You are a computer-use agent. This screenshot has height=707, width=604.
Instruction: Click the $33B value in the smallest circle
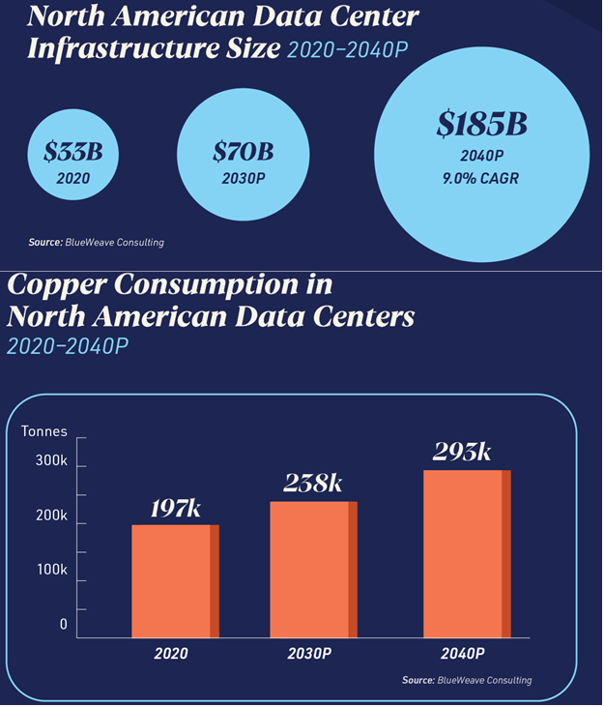click(x=72, y=153)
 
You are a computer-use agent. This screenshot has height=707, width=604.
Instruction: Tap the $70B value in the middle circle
click(x=243, y=152)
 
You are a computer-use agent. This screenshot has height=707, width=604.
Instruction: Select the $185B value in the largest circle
click(x=480, y=125)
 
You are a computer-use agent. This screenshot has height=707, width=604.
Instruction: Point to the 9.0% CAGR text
click(x=480, y=178)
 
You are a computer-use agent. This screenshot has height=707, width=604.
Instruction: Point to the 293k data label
click(x=462, y=451)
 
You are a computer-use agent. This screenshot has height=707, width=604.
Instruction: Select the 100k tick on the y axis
click(x=51, y=570)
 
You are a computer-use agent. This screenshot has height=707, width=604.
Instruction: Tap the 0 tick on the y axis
click(x=64, y=624)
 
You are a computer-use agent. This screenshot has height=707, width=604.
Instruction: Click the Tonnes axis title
click(x=44, y=431)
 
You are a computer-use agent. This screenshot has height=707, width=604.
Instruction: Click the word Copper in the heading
click(x=57, y=286)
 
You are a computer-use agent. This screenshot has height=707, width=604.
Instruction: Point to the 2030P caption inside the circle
click(x=243, y=177)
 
